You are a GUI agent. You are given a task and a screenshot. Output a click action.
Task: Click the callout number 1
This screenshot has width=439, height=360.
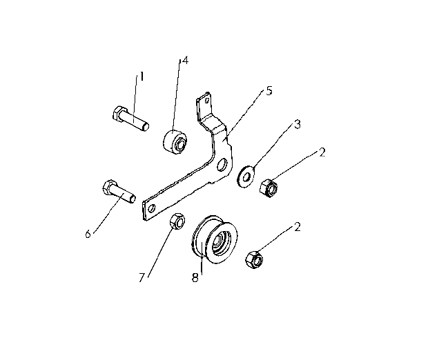click(142, 77)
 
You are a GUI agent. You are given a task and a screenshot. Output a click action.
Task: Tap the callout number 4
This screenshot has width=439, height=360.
click(185, 60)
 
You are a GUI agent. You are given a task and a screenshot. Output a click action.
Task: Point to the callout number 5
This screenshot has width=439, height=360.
click(269, 90)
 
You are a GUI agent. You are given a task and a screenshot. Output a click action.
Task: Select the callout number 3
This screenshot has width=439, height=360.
click(297, 124)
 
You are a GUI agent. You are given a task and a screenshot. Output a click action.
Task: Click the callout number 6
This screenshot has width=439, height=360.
click(88, 234)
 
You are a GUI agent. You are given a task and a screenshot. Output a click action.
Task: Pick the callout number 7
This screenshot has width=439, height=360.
click(142, 277)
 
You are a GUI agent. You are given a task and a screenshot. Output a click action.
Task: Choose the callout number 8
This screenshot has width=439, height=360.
click(195, 277)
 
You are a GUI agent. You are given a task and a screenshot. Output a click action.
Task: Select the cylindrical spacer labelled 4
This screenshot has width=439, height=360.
click(175, 142)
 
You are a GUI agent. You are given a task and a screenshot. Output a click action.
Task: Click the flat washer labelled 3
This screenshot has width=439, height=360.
click(246, 177)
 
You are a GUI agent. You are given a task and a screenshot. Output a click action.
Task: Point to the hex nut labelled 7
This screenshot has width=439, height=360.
click(177, 221)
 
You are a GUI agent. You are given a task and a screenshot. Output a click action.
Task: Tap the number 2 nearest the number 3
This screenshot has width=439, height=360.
click(322, 152)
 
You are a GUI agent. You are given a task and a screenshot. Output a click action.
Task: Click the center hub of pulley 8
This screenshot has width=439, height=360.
click(221, 241)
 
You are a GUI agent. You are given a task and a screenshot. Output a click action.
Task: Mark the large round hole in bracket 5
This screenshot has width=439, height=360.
click(222, 164)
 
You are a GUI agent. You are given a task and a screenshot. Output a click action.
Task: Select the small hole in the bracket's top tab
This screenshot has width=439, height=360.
click(207, 101)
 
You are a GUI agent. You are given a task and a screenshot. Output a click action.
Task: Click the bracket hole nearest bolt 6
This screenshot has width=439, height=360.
click(153, 208)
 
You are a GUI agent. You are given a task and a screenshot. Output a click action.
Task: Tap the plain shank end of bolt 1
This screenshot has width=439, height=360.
click(146, 127)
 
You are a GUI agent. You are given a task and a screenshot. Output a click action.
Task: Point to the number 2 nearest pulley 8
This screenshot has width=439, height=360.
click(297, 227)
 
